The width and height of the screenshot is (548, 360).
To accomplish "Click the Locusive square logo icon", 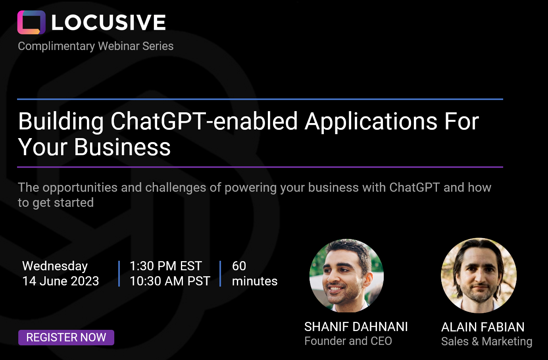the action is pyautogui.click(x=31, y=22).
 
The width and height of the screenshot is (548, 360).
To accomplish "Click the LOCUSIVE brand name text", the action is pyautogui.click(x=109, y=22).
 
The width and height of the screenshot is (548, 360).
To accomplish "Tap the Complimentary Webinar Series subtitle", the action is pyautogui.click(x=96, y=46).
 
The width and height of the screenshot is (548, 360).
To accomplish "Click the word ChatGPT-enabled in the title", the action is pyautogui.click(x=204, y=121).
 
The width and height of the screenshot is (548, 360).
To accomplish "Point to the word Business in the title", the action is pyautogui.click(x=122, y=147).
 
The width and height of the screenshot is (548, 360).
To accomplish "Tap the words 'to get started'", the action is pyautogui.click(x=56, y=203).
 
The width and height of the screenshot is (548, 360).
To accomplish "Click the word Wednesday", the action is pyautogui.click(x=55, y=266).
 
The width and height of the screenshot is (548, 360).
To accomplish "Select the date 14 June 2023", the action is pyautogui.click(x=60, y=281).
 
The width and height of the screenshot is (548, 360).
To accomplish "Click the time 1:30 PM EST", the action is pyautogui.click(x=165, y=266).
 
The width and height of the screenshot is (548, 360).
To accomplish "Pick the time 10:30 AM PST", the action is pyautogui.click(x=170, y=281).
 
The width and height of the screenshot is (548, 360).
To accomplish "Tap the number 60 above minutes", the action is pyautogui.click(x=239, y=266).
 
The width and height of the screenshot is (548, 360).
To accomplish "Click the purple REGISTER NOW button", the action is pyautogui.click(x=66, y=337).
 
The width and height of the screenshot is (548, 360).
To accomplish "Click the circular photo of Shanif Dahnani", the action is pyautogui.click(x=347, y=275).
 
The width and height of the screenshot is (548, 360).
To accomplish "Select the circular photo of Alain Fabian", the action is pyautogui.click(x=479, y=275).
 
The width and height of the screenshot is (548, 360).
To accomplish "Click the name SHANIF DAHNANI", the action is pyautogui.click(x=356, y=327).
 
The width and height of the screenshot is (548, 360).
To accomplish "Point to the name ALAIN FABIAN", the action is pyautogui.click(x=483, y=327).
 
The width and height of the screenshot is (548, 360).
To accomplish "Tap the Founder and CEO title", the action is pyautogui.click(x=348, y=341).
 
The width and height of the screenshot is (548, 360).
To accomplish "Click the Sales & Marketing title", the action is pyautogui.click(x=486, y=342).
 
